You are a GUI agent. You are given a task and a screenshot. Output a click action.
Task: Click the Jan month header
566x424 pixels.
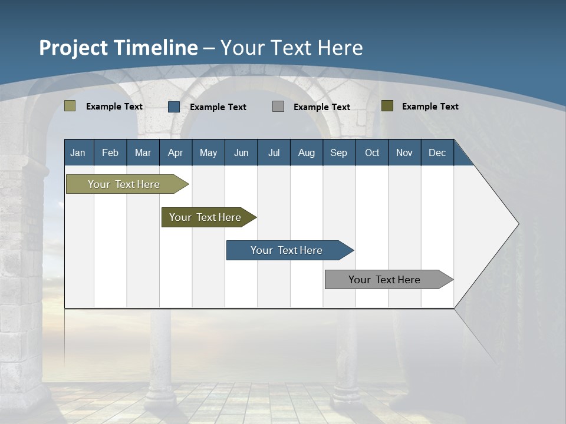(x=78, y=153)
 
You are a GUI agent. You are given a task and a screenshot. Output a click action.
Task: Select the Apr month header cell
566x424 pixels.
(x=175, y=153)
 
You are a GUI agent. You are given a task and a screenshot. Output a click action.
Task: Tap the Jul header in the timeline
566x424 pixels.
(x=274, y=153)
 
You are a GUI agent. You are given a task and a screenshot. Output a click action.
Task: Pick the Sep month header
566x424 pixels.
(x=338, y=153)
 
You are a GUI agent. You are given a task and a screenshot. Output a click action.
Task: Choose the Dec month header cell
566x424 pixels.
(x=437, y=153)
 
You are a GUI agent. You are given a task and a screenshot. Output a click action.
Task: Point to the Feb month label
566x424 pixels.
(x=110, y=153)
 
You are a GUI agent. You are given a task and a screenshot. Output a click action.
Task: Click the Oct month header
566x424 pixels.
(x=372, y=153)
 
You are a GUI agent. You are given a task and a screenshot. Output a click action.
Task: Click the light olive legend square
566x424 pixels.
(x=70, y=106)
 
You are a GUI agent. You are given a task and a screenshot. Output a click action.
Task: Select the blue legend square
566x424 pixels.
(x=174, y=107)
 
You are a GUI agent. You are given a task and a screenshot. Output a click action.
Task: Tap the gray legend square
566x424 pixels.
(x=278, y=107)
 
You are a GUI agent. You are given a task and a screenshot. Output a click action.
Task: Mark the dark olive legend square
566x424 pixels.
(x=387, y=106)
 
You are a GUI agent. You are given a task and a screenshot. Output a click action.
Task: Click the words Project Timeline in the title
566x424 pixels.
(x=118, y=48)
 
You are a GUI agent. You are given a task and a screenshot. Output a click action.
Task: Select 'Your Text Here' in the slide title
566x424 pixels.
(x=291, y=48)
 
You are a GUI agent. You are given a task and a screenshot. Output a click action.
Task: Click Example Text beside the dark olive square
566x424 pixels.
(x=430, y=107)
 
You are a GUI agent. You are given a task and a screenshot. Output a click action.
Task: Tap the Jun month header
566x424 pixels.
(x=241, y=153)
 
